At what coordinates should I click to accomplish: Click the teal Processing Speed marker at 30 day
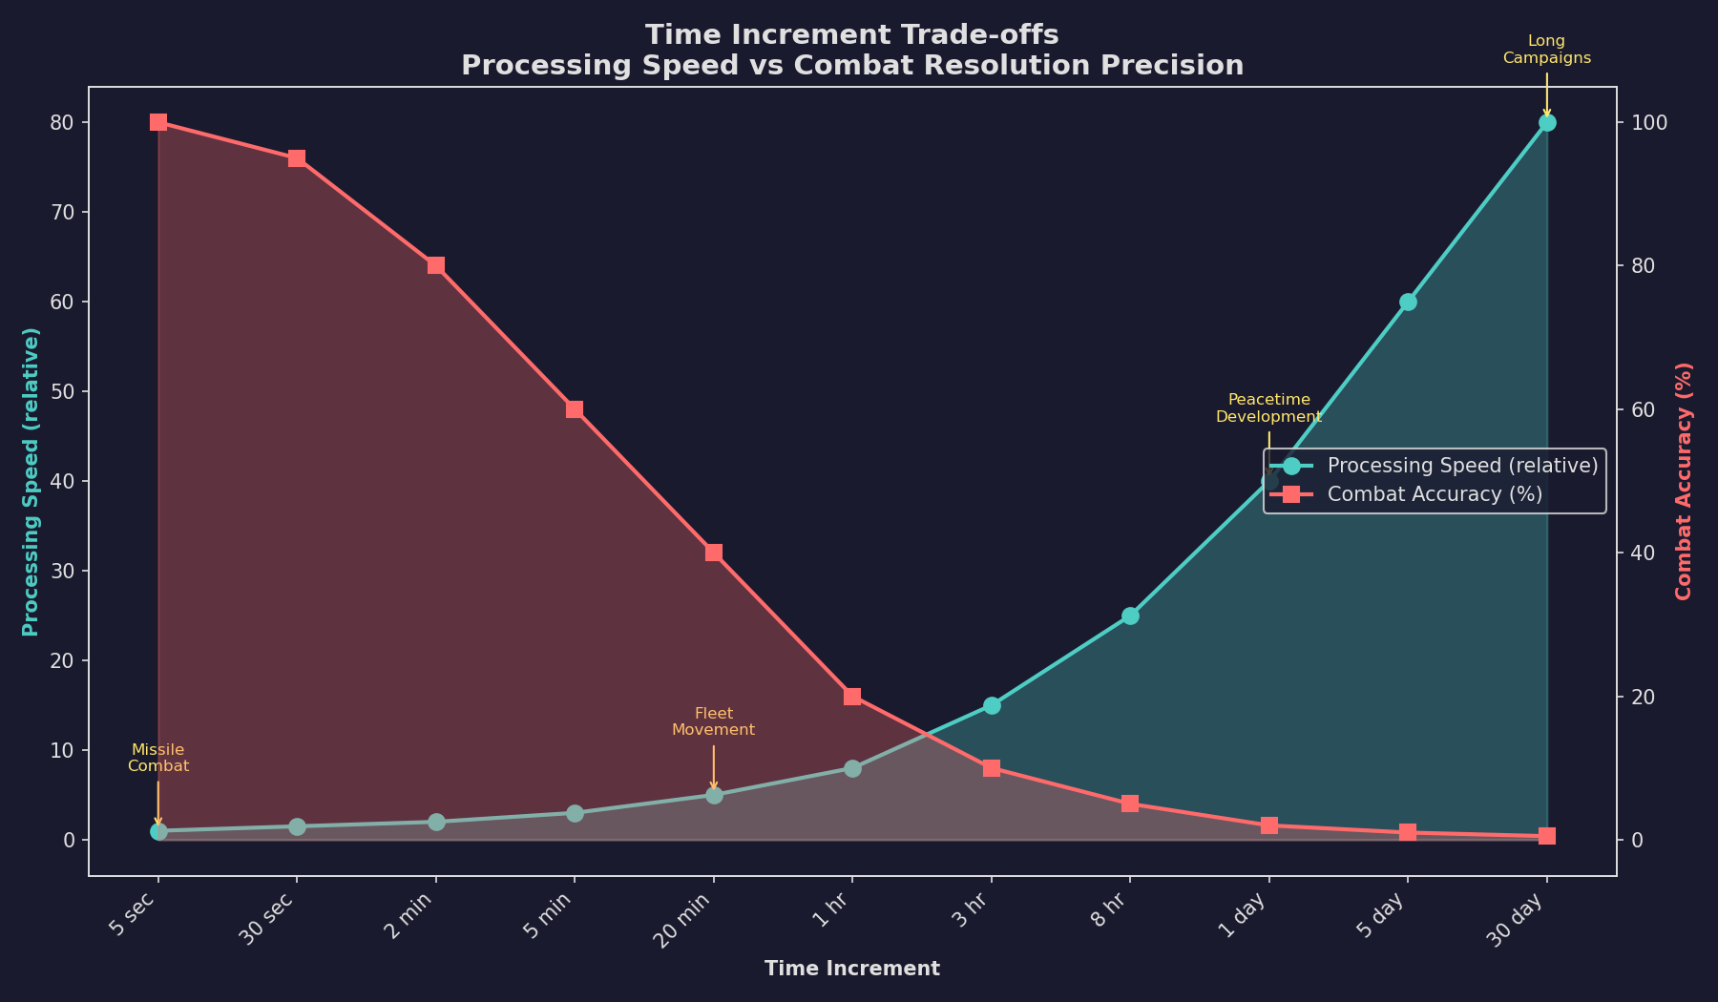click(1546, 122)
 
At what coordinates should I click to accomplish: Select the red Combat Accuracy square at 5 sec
click(158, 122)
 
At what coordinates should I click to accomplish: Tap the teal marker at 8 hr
click(1130, 616)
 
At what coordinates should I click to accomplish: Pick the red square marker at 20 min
click(714, 553)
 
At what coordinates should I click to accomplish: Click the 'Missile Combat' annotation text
click(158, 758)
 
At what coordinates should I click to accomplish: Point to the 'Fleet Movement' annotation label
click(713, 721)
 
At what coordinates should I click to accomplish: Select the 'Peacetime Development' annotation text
click(1268, 407)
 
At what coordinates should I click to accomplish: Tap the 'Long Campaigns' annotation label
click(1546, 49)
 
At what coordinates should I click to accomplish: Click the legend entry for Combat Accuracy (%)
click(1435, 494)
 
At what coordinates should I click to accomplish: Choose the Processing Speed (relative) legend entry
click(1461, 466)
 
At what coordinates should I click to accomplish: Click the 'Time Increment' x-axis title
click(851, 969)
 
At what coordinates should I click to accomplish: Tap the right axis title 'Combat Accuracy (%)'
click(1684, 481)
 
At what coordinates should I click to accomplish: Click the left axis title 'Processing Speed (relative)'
click(31, 481)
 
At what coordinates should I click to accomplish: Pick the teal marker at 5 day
click(1408, 302)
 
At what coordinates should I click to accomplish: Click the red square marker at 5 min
click(575, 409)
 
